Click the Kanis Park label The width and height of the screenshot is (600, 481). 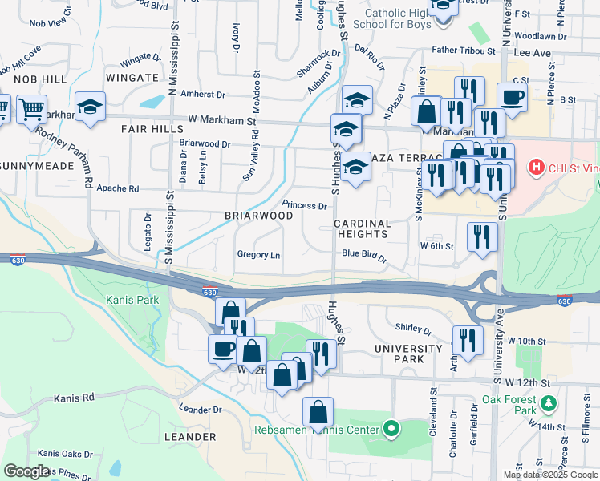(132, 300)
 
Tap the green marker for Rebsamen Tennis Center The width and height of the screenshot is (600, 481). (391, 430)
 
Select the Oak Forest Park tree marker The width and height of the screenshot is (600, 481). (548, 402)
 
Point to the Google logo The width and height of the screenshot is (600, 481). (26, 471)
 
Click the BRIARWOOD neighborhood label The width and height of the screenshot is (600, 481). (258, 216)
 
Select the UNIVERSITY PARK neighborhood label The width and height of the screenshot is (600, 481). (407, 354)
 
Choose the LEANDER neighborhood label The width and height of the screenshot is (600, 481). (190, 437)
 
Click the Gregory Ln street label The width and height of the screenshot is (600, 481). (258, 255)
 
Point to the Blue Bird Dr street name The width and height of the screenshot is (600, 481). (364, 257)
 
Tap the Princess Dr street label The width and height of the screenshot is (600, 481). (304, 205)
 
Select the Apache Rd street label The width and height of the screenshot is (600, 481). (118, 189)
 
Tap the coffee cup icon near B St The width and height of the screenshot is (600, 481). (512, 97)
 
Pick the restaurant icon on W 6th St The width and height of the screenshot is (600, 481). (481, 236)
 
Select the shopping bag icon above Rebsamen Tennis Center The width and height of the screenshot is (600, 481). (318, 411)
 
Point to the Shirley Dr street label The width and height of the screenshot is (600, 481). (414, 329)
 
